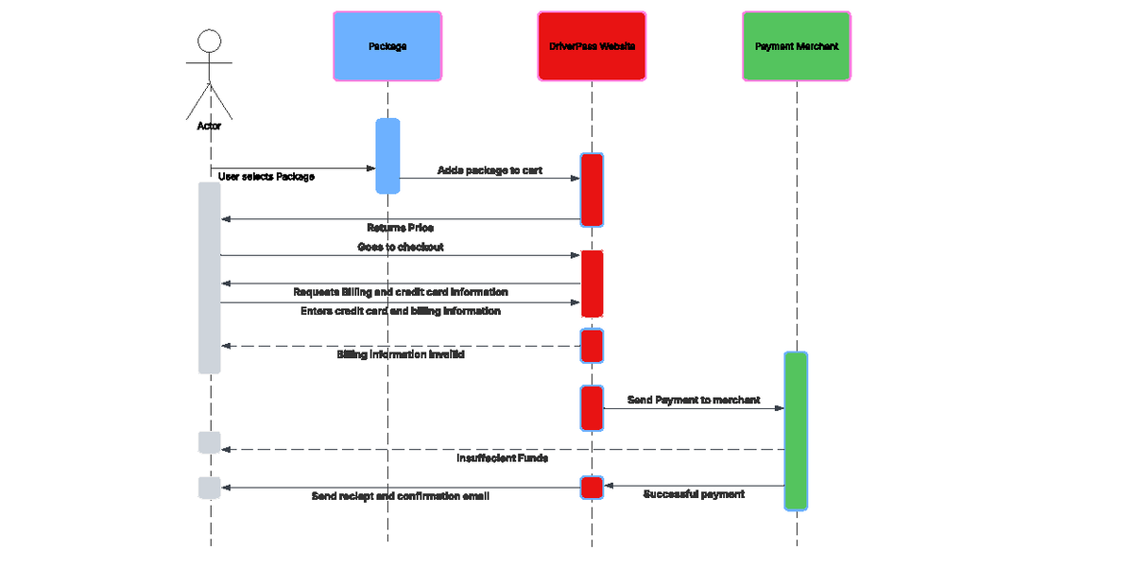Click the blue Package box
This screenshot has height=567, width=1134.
pyautogui.click(x=387, y=46)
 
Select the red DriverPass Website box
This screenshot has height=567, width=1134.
pyautogui.click(x=592, y=46)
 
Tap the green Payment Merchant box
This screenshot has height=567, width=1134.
pyautogui.click(x=797, y=46)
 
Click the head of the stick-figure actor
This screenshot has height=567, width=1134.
pyautogui.click(x=209, y=42)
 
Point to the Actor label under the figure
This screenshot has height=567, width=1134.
pyautogui.click(x=209, y=126)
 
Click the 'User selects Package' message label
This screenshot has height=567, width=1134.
pyautogui.click(x=266, y=177)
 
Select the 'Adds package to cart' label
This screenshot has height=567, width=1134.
pyautogui.click(x=490, y=171)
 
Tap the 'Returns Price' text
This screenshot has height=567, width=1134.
pyautogui.click(x=400, y=228)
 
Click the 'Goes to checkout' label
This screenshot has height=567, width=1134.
pyautogui.click(x=400, y=247)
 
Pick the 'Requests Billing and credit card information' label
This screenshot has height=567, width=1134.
pyautogui.click(x=400, y=292)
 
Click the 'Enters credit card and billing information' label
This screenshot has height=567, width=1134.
pyautogui.click(x=400, y=311)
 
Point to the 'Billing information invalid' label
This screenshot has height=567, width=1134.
pyautogui.click(x=400, y=355)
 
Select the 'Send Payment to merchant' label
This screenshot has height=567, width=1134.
pyautogui.click(x=694, y=401)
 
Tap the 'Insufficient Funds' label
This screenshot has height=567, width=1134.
pyautogui.click(x=502, y=458)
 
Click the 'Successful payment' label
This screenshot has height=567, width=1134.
pyautogui.click(x=694, y=494)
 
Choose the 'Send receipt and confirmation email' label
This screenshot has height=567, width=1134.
pyautogui.click(x=400, y=496)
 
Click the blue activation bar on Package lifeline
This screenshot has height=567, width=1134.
pyautogui.click(x=387, y=156)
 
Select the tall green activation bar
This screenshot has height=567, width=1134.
pyautogui.click(x=796, y=430)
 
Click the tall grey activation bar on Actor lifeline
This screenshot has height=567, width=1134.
pyautogui.click(x=209, y=278)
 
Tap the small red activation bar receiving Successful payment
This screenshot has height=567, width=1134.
pyautogui.click(x=592, y=487)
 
